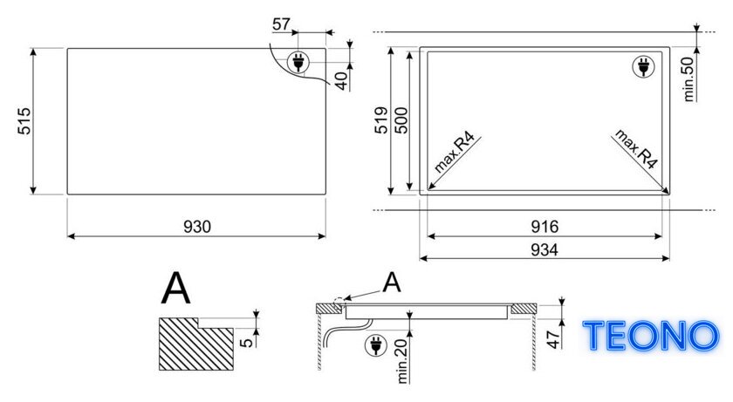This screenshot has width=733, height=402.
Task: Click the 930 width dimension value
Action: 197,227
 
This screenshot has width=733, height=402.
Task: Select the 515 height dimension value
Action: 24,121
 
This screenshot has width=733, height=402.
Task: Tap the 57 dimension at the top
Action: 281,24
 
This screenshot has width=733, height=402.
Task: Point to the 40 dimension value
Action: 342,81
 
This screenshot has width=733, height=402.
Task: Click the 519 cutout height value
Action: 381,120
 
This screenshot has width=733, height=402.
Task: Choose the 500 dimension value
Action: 401,120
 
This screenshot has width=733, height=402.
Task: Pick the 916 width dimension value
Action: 545,227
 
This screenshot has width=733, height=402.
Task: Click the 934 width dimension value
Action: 545,250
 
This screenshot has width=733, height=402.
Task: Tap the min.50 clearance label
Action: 688,79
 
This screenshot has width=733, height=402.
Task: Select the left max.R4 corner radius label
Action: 455,153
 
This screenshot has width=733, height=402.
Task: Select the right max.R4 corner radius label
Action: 636,148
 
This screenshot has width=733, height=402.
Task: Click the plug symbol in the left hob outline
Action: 298,62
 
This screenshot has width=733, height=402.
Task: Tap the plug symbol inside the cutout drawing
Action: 644,67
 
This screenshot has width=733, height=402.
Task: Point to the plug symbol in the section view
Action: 376,345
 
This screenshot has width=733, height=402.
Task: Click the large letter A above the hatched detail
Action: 176,289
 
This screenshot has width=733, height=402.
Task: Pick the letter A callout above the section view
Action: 392,283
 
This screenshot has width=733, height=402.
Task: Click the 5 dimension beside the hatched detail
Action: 247,342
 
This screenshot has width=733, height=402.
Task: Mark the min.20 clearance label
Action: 402,362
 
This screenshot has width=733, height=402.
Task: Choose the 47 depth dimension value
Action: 554,339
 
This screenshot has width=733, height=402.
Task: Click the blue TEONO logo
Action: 651,336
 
